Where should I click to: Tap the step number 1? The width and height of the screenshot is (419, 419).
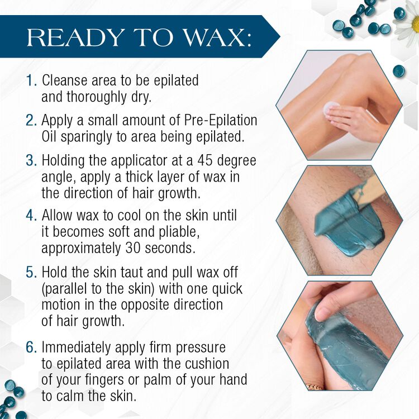click(x=31, y=80)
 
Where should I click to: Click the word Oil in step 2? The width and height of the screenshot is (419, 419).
click(x=51, y=136)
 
